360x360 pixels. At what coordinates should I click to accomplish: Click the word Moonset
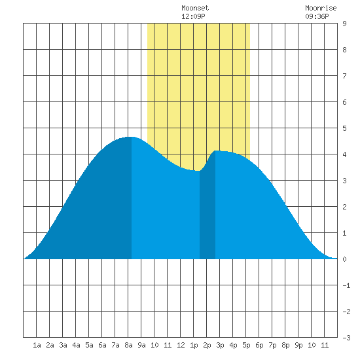[195, 8]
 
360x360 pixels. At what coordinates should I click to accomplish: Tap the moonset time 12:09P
[193, 16]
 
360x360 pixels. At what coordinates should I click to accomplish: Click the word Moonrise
[321, 8]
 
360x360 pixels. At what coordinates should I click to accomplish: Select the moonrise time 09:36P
[317, 16]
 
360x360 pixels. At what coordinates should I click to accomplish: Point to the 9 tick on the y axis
[344, 24]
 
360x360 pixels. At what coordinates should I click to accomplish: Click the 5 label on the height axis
[344, 128]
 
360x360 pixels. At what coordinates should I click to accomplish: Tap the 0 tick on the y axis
[344, 259]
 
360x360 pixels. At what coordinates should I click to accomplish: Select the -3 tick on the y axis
[346, 338]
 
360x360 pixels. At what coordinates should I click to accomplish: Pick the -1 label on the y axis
[346, 285]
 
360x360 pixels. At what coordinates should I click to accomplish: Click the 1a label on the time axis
[37, 345]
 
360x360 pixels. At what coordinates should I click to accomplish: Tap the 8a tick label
[128, 345]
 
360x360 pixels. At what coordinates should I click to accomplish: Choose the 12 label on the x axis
[181, 345]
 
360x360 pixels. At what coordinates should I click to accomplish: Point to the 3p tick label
[220, 345]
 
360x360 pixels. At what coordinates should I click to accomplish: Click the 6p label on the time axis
[259, 345]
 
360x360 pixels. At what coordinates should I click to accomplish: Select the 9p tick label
[298, 345]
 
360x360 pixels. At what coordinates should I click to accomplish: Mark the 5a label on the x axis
[89, 345]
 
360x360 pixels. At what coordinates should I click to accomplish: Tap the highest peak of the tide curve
[130, 137]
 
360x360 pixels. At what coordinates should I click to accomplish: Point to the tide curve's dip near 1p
[197, 171]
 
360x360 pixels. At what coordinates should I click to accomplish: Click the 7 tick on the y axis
[344, 76]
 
